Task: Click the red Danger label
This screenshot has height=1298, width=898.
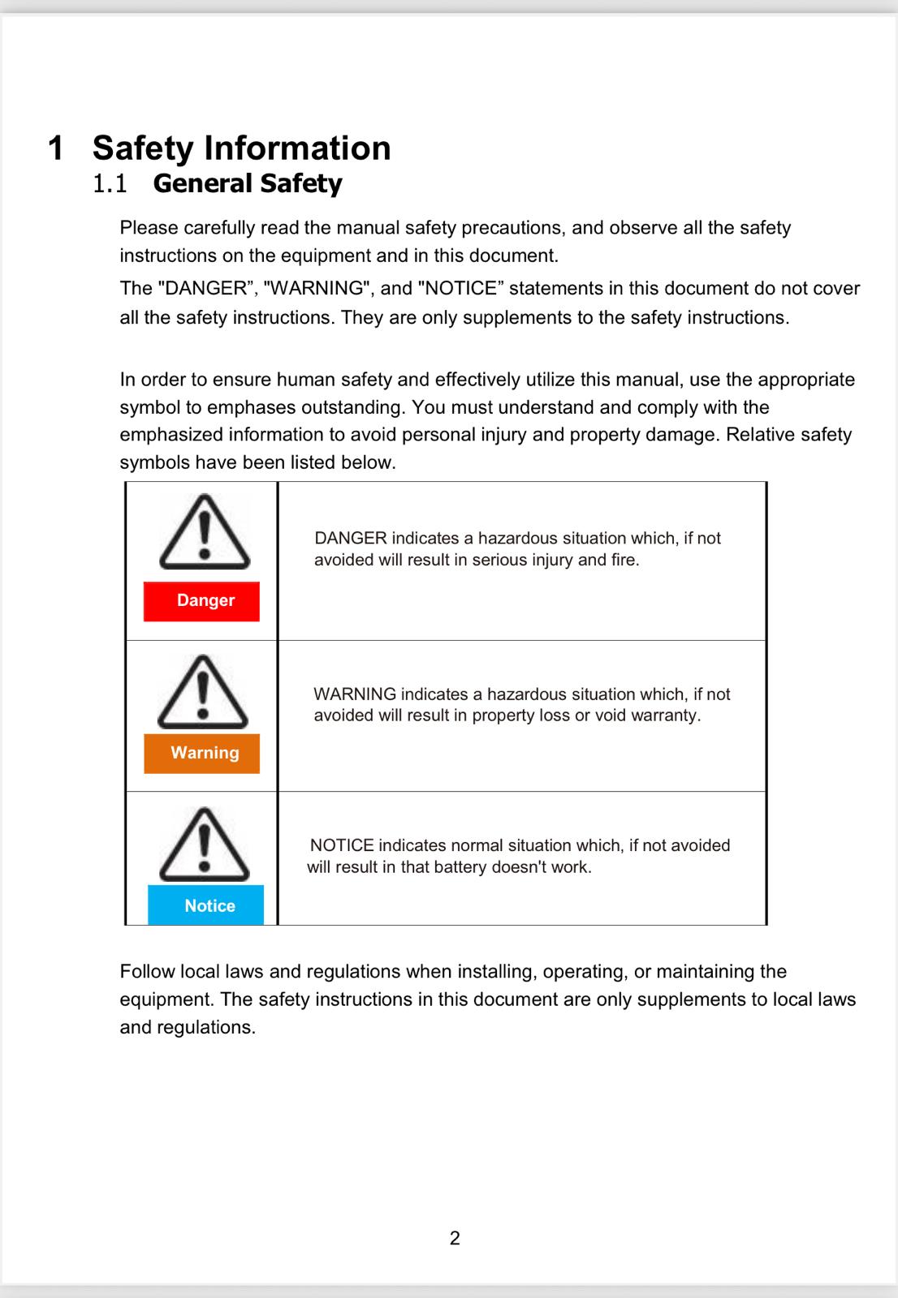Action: tap(201, 601)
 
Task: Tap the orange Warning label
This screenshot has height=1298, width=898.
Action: tap(202, 753)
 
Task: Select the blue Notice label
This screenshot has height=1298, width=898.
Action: tap(206, 905)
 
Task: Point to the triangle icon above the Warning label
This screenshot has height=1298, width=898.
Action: tap(202, 691)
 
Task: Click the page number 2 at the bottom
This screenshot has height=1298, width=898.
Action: tap(455, 1238)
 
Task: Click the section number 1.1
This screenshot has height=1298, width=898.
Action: tap(110, 183)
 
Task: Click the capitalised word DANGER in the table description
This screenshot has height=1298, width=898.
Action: tap(350, 538)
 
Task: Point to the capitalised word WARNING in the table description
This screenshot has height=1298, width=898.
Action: tap(355, 694)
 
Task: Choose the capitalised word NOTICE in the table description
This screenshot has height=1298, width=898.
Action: tap(342, 845)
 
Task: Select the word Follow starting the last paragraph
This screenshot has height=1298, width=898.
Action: tap(147, 971)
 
